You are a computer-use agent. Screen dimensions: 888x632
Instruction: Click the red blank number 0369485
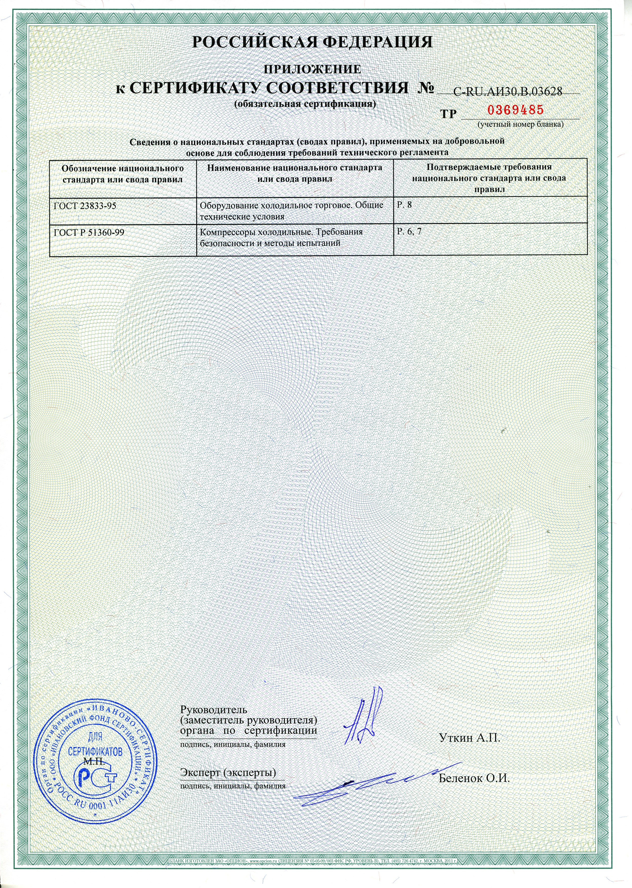click(515, 110)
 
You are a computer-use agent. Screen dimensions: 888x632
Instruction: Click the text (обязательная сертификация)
click(305, 104)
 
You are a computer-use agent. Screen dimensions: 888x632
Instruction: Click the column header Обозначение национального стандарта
click(123, 174)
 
